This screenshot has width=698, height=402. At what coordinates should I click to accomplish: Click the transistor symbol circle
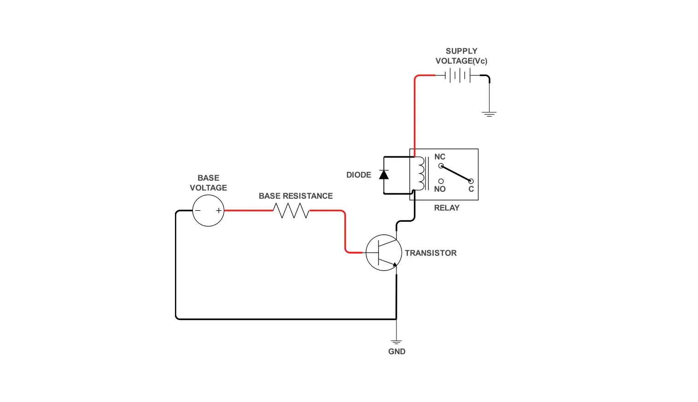tap(384, 253)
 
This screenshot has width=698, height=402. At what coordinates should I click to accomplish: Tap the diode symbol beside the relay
tap(384, 175)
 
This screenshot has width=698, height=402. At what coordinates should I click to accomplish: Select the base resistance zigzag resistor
tap(291, 211)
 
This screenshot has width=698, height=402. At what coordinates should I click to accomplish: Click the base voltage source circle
tap(208, 211)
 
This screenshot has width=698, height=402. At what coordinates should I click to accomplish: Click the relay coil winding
tap(420, 174)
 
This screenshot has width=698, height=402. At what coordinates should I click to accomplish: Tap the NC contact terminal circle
tap(441, 166)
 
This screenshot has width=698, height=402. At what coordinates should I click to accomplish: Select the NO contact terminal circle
tap(441, 181)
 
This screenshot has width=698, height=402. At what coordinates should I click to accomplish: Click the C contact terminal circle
tap(471, 181)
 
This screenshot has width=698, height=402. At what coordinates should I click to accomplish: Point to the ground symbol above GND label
tap(396, 342)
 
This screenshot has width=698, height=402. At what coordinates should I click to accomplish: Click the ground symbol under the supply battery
tap(489, 113)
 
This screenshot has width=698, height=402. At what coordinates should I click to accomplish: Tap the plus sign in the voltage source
tap(219, 211)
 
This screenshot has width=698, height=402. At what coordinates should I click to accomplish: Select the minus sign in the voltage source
tap(198, 211)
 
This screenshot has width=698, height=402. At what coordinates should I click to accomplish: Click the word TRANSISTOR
tap(430, 253)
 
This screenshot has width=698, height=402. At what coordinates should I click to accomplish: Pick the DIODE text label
tap(359, 175)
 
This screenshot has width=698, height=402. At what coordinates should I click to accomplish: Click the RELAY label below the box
tap(447, 208)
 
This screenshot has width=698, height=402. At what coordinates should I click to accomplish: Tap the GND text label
tap(396, 352)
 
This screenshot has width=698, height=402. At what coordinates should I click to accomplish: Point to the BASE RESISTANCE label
tap(296, 196)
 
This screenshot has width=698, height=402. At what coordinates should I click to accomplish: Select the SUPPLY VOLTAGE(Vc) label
tap(461, 56)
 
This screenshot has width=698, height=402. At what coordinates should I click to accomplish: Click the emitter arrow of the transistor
tap(394, 264)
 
